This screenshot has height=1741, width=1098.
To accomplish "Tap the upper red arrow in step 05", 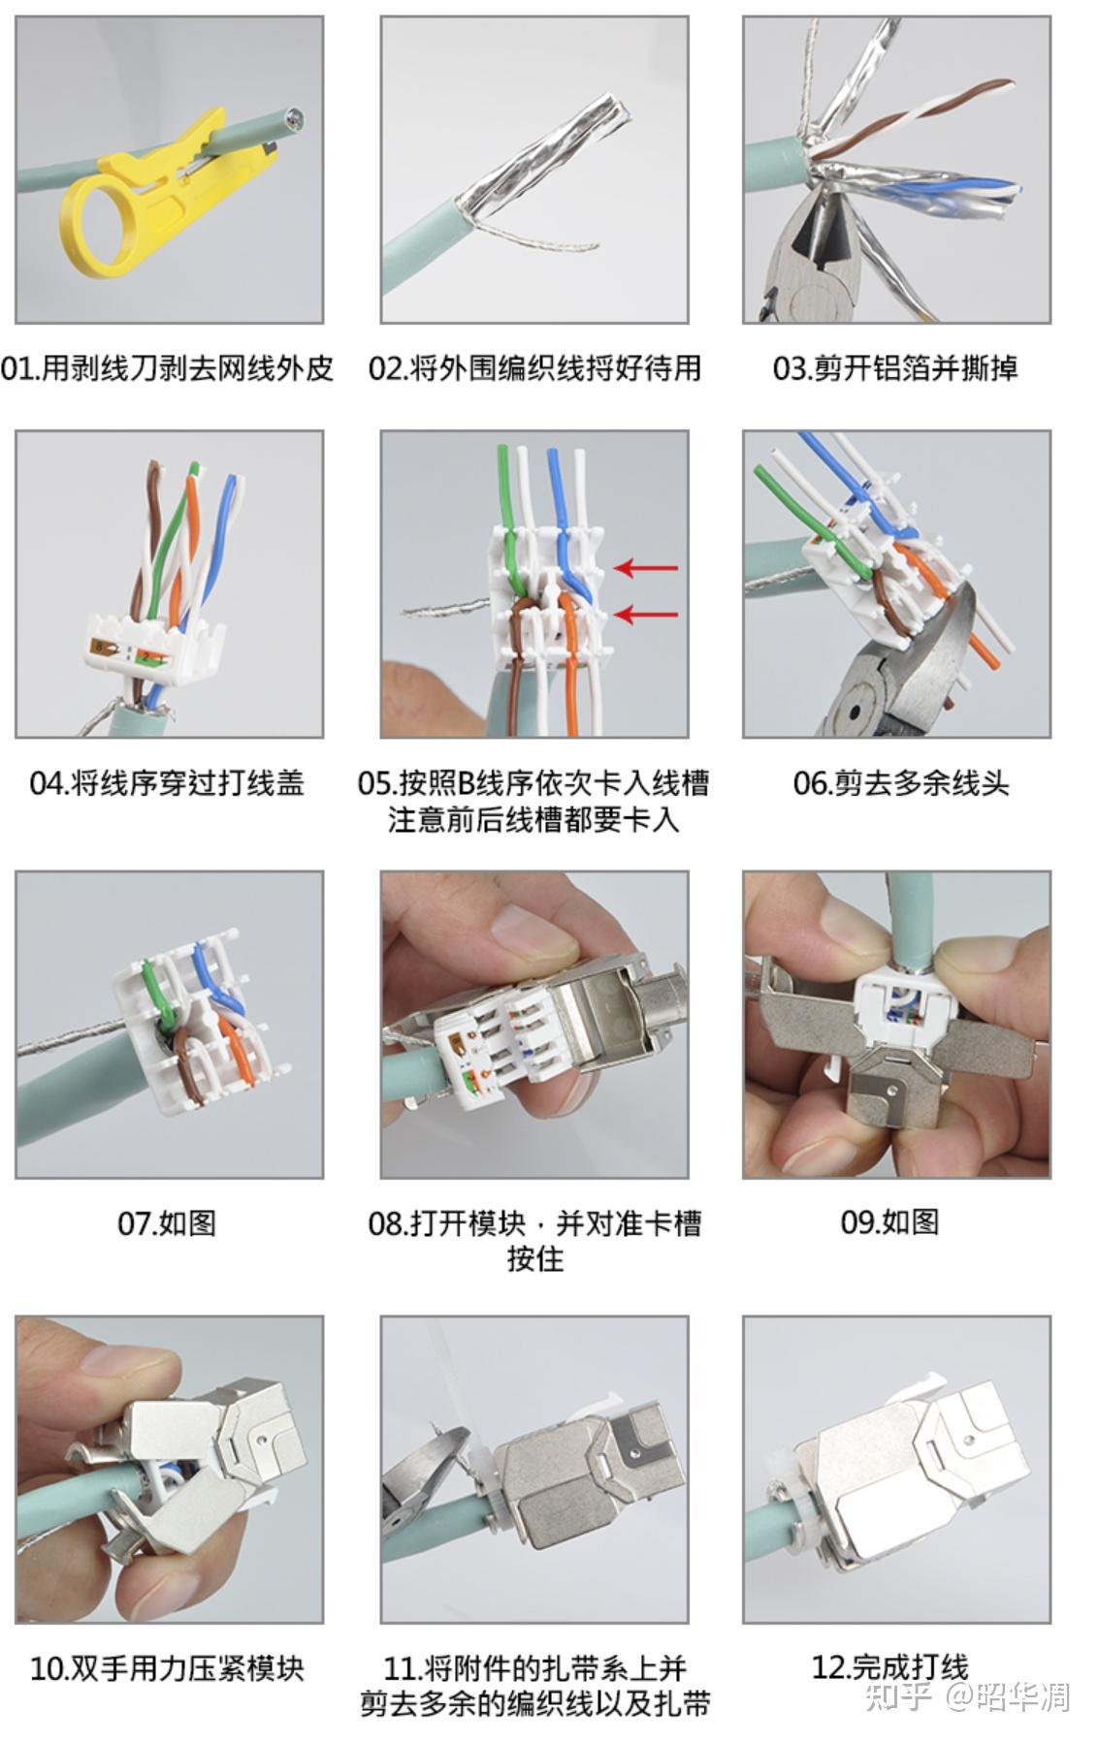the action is (646, 567).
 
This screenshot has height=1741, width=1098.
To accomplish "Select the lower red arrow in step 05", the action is (646, 613).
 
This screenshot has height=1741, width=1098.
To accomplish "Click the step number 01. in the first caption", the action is (19, 368).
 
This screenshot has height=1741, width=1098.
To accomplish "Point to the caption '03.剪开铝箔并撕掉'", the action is (895, 368).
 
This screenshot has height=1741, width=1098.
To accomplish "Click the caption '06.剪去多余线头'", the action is (901, 782).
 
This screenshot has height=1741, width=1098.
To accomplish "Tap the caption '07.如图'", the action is (167, 1222).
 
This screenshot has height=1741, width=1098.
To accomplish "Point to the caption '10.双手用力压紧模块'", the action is (167, 1668).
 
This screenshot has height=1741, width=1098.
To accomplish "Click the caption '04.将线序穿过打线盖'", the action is (167, 782).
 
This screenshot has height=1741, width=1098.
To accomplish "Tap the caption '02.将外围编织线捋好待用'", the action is (534, 368).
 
